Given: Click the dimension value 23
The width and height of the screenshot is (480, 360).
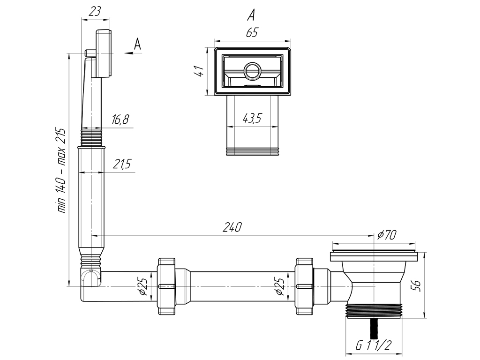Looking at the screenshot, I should click(95, 12).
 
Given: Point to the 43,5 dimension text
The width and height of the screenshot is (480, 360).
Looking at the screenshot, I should click(252, 119).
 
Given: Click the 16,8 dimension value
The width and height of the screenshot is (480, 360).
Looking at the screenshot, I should click(120, 120).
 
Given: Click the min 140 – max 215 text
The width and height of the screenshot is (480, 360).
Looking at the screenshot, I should click(61, 172).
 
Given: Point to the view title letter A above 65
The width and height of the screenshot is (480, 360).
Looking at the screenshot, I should click(251, 15).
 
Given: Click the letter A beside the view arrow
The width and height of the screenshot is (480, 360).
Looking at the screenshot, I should click(137, 45).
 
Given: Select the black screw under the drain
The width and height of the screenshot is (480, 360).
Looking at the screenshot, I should click(374, 328).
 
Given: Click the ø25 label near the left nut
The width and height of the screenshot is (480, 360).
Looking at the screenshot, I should click(144, 286).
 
